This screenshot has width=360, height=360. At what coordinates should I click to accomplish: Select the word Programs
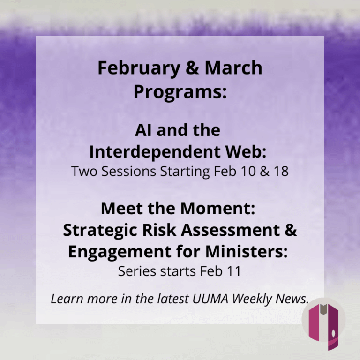[180, 92]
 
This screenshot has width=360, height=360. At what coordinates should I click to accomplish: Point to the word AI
[144, 130]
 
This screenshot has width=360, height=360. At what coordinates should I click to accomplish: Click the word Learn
[65, 299]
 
